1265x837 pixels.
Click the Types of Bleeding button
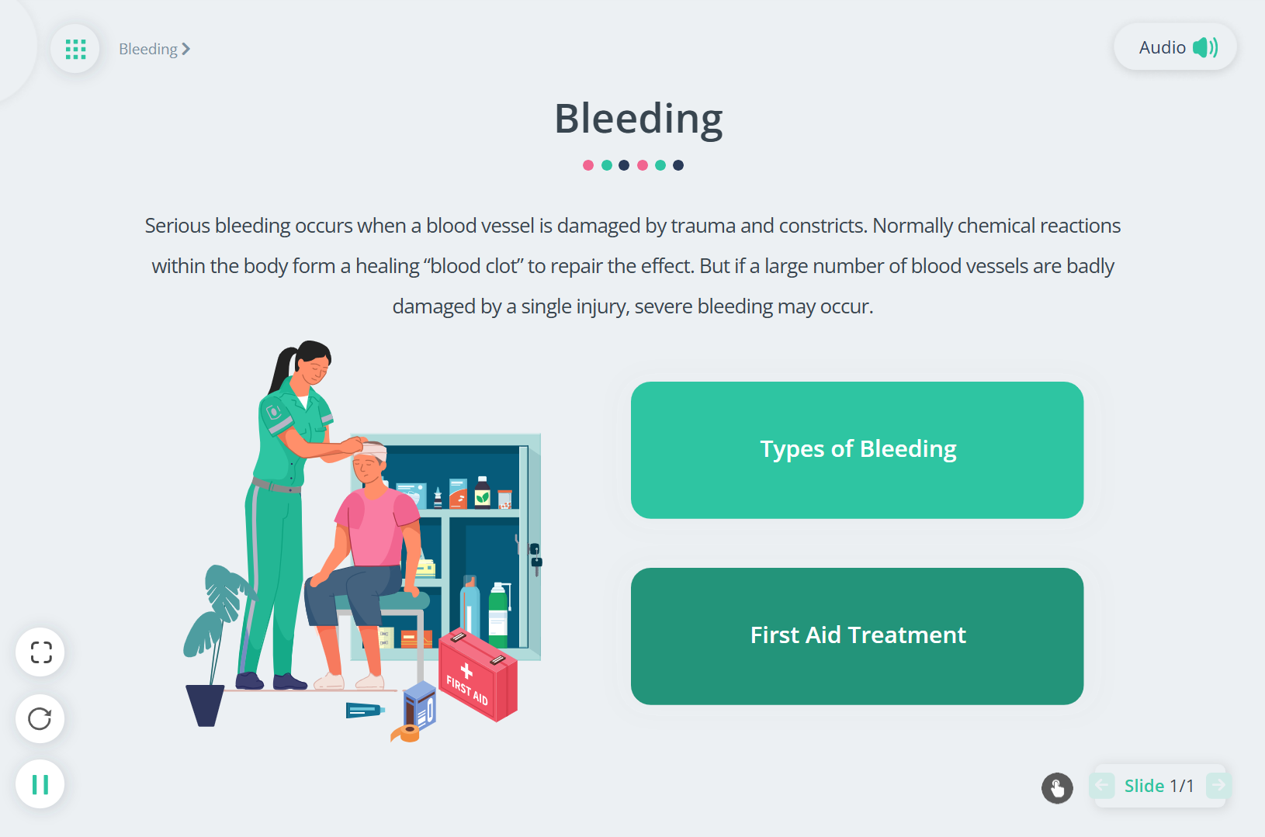[x=857, y=450]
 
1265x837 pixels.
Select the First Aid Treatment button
[x=857, y=636]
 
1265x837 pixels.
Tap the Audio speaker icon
[x=1205, y=47]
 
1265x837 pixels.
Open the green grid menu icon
[x=75, y=49]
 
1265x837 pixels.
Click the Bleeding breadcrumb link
[x=154, y=49]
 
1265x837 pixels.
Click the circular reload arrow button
[x=40, y=718]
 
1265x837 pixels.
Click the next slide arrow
[x=1218, y=785]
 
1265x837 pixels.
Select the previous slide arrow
[x=1102, y=785]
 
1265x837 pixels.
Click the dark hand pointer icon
[x=1057, y=787]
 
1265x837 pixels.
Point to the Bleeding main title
[x=638, y=119]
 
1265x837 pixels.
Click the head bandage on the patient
[x=373, y=451]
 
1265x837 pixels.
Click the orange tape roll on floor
[x=406, y=733]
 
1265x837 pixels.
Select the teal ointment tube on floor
[x=365, y=710]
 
